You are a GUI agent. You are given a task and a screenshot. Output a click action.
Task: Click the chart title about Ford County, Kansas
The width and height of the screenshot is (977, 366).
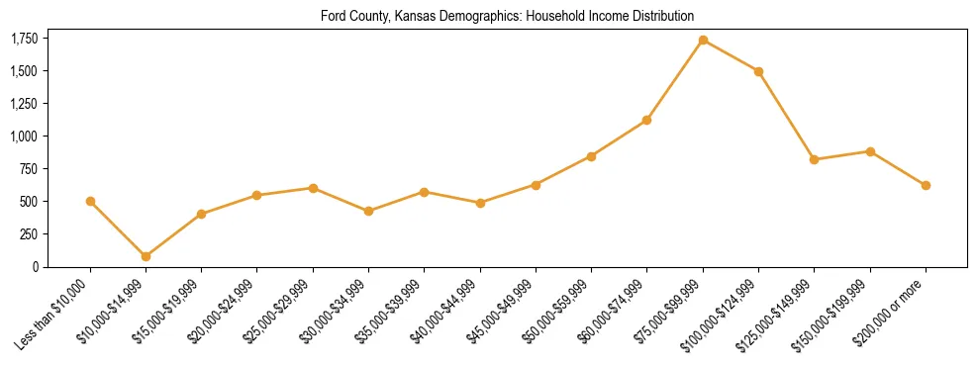point(507,17)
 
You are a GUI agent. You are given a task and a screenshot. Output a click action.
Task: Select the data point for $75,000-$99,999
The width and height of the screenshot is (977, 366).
point(703,41)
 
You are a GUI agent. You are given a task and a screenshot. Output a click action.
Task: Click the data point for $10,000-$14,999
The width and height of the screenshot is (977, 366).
point(146,256)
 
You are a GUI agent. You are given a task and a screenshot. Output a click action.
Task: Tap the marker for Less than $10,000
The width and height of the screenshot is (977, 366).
point(90,201)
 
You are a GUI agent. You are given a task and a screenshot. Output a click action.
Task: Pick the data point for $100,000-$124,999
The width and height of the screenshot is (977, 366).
point(758,71)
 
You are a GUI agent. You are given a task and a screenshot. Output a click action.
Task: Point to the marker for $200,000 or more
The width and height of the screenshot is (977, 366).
point(926,185)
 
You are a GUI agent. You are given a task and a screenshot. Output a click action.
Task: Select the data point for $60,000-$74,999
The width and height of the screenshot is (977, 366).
point(646,120)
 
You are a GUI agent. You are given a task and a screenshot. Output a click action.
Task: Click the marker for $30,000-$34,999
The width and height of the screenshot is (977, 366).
point(368,211)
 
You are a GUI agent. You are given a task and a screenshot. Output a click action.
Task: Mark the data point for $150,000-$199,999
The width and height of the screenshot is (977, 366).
point(870,151)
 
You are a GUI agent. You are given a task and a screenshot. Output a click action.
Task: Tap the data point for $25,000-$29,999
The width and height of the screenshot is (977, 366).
point(313,188)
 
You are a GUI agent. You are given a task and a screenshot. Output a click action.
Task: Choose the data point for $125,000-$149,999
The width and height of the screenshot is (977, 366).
point(814,159)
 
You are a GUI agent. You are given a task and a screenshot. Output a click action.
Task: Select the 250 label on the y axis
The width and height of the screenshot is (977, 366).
point(29,233)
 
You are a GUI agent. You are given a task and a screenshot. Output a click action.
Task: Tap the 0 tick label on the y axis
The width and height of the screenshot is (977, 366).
point(36,266)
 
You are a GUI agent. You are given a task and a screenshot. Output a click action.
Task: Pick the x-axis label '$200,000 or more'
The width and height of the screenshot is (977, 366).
point(891,314)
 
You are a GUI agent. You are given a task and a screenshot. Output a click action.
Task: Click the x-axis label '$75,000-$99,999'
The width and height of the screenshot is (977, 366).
point(669,314)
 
